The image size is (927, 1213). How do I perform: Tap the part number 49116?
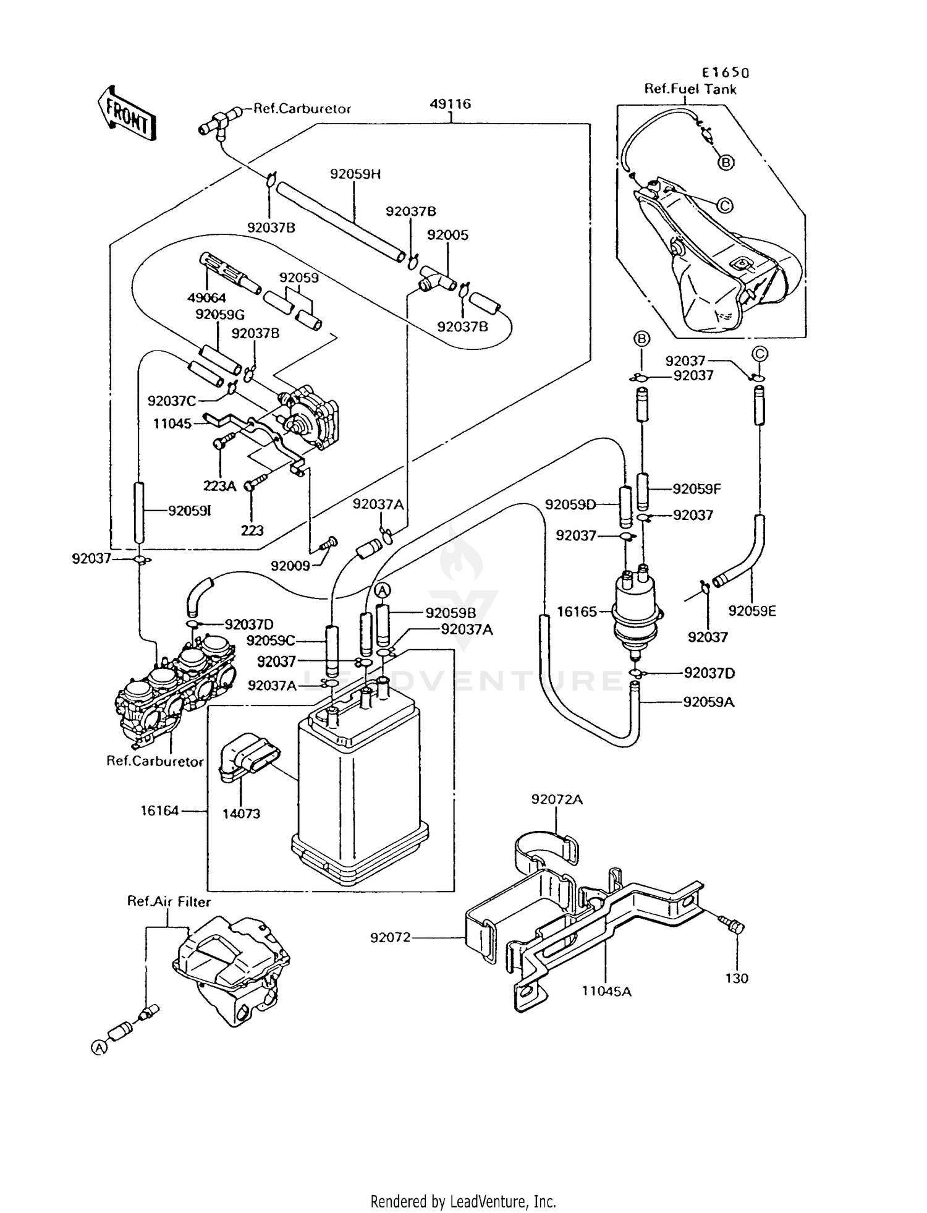(451, 103)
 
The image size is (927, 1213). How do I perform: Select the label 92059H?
(355, 174)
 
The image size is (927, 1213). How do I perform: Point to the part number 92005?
(448, 235)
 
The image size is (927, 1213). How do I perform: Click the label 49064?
(207, 299)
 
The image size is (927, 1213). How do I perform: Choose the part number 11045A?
(606, 991)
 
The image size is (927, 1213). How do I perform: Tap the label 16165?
(577, 611)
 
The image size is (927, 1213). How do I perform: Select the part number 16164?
(159, 810)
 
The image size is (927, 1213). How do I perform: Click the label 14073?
(241, 814)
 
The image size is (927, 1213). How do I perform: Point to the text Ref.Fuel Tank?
(690, 89)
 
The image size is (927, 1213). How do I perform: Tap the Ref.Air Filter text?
(169, 902)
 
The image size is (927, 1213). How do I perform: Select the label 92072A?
(557, 799)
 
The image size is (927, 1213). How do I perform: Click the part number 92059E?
(752, 611)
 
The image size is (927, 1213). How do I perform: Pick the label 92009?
(290, 566)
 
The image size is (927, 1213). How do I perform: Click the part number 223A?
(220, 486)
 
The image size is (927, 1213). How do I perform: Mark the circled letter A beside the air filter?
(98, 1047)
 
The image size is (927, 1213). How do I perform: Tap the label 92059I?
(190, 511)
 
